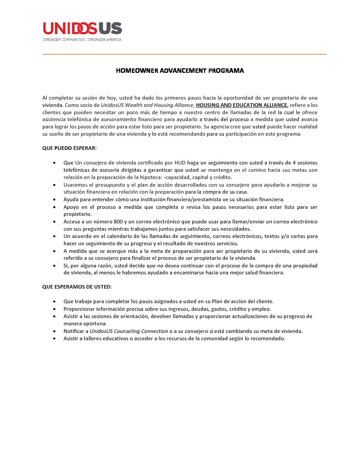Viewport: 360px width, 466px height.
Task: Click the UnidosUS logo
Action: click(82, 28)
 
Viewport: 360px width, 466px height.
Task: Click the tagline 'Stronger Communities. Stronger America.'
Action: click(82, 40)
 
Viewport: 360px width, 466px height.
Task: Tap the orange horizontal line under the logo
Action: click(184, 54)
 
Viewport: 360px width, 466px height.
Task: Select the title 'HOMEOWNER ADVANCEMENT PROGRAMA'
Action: click(180, 70)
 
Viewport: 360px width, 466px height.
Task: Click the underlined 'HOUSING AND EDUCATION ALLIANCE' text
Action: click(242, 105)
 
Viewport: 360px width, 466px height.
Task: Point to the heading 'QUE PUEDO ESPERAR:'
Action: click(69, 148)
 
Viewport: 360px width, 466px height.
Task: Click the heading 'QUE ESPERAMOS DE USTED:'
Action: click(77, 287)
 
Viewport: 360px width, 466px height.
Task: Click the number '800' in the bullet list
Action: click(118, 222)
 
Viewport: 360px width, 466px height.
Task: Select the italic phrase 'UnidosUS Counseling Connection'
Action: click(129, 331)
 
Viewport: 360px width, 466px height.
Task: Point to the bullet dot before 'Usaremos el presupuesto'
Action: click(54, 185)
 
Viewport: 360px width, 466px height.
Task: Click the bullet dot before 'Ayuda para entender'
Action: click(54, 200)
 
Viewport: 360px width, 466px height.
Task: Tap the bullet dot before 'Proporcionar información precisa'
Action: click(54, 309)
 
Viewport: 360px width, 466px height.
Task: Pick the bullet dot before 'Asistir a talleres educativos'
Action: click(54, 339)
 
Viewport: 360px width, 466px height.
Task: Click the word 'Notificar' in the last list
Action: click(76, 331)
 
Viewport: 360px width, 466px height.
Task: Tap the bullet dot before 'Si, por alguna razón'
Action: click(54, 266)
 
